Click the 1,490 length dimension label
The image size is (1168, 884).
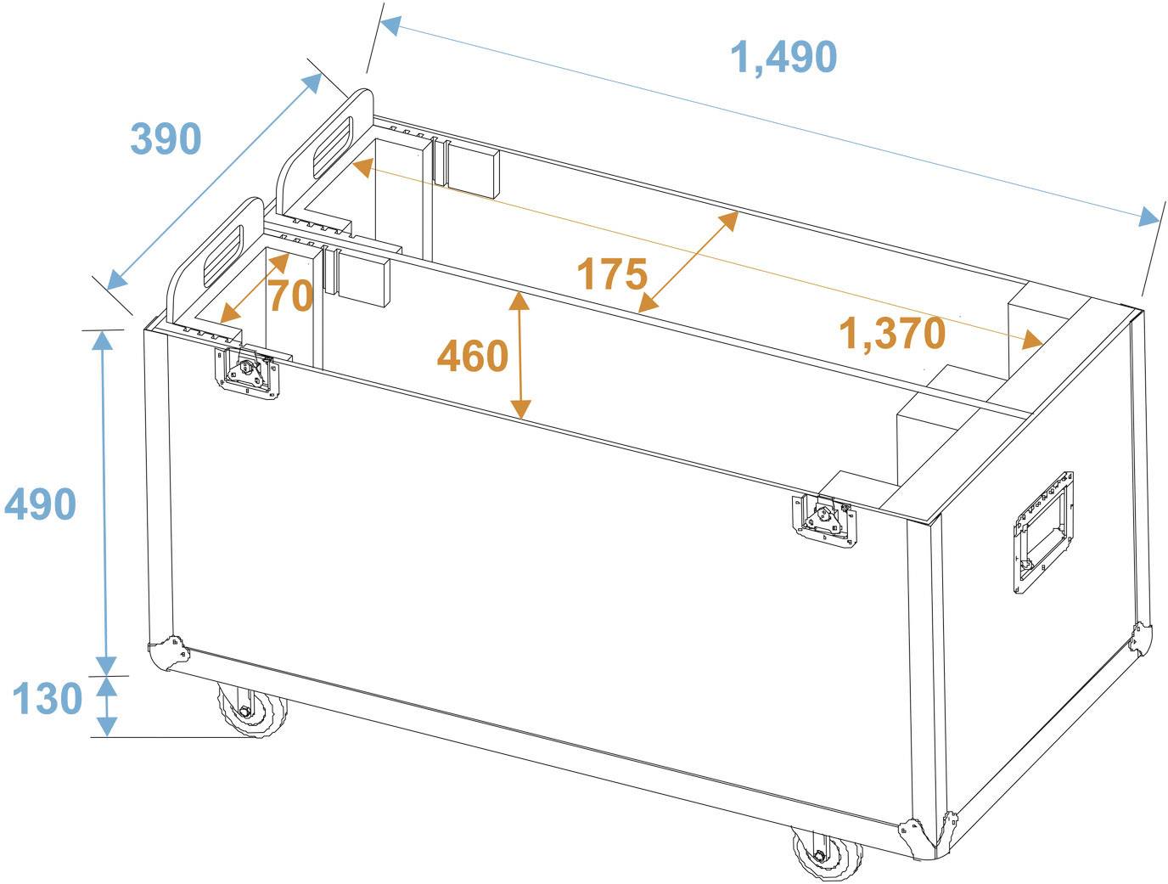783,58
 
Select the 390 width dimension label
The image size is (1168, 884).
166,139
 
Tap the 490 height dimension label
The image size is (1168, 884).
40,505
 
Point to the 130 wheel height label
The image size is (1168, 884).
47,699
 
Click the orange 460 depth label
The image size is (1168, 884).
472,357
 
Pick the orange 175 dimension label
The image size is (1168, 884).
611,275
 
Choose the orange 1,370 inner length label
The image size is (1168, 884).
891,334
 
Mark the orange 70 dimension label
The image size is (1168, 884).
290,296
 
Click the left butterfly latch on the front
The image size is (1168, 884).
247,370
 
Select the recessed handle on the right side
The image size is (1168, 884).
1042,530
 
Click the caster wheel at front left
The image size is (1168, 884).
251,711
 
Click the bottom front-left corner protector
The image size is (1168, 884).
167,654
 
